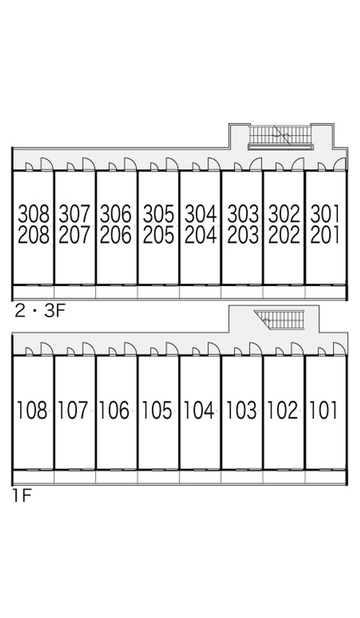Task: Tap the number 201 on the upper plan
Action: coord(325,235)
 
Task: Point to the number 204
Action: coord(201,235)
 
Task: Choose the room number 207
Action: coord(75,235)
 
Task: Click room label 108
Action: coord(32,410)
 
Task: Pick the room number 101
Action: coord(323,410)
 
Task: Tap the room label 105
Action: coord(157,410)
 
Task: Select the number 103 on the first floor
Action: coord(241,410)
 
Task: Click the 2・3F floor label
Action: coord(40,311)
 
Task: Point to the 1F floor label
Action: coord(22,496)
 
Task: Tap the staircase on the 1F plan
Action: coord(279,320)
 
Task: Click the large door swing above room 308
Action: coord(47,164)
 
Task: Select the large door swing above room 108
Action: coord(47,349)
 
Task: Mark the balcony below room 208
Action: coord(34,292)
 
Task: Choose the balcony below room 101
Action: coord(325,477)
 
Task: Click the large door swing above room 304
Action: coord(214,164)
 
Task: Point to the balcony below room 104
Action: coord(200,477)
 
